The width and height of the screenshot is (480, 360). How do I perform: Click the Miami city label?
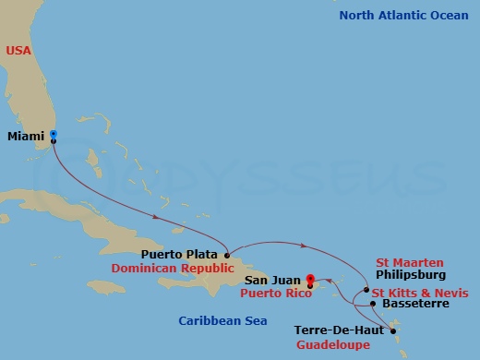click(26, 138)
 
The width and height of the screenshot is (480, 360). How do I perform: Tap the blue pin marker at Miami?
click(54, 136)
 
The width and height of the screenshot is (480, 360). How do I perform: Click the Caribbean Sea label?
click(223, 320)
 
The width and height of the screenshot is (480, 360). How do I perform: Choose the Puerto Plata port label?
click(180, 254)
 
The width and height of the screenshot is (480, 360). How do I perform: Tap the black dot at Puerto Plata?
click(226, 253)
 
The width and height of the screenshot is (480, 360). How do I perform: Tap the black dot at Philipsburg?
click(366, 289)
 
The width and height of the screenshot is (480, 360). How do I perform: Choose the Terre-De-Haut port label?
click(340, 330)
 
